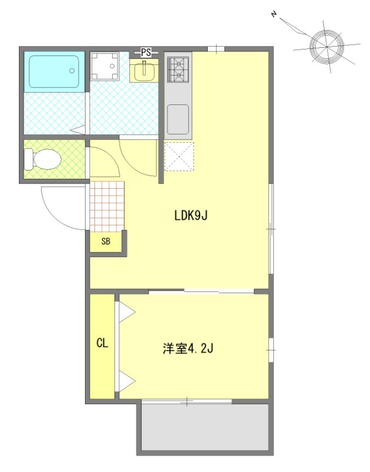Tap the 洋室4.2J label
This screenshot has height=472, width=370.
coord(188,348)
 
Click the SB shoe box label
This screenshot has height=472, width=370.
coord(106,241)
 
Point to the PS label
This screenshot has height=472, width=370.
coord(146,53)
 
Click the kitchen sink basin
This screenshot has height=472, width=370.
coord(178,119)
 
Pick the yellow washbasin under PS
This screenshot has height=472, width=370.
coord(143,71)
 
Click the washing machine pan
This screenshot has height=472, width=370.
coord(104,67)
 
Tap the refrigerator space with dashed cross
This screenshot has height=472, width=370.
coord(178,156)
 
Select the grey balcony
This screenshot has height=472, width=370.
coord(204,428)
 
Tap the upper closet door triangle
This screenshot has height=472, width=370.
coord(126,312)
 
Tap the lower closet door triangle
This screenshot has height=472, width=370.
coord(126,382)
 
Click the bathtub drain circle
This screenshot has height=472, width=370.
coord(72,71)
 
